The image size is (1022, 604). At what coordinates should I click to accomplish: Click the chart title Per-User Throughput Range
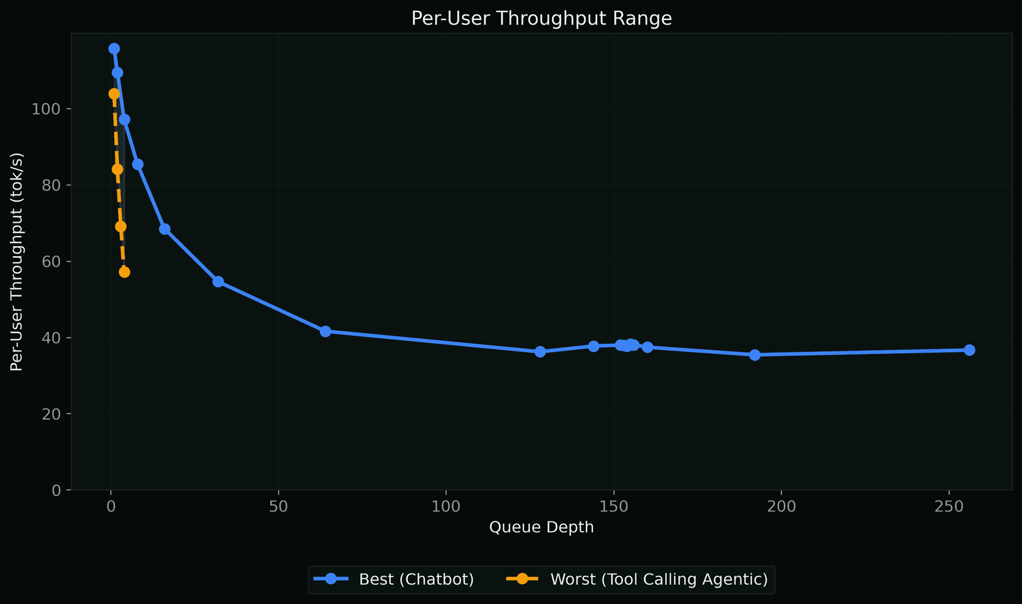[541, 19]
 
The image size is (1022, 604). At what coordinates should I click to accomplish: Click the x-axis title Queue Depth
[541, 527]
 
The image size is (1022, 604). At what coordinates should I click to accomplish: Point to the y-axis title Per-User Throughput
[17, 262]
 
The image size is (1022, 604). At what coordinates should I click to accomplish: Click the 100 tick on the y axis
[46, 109]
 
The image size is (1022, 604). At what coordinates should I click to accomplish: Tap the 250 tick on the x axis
[949, 506]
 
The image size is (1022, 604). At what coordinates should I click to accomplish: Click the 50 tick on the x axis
[278, 506]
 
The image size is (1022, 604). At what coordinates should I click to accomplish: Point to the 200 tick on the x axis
[781, 506]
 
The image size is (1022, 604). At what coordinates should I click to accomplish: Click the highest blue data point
[114, 48]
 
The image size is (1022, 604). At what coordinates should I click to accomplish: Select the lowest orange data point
[124, 272]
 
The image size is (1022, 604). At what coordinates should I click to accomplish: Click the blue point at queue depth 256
[969, 350]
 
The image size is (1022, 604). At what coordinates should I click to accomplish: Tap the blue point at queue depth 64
[325, 331]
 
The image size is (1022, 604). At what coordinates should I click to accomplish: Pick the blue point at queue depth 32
[218, 281]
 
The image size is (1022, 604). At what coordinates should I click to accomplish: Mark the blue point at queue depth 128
[540, 352]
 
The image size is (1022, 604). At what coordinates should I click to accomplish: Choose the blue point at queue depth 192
[755, 355]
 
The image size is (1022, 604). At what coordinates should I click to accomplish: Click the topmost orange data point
[114, 94]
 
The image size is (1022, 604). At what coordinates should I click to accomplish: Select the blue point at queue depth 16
[164, 229]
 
